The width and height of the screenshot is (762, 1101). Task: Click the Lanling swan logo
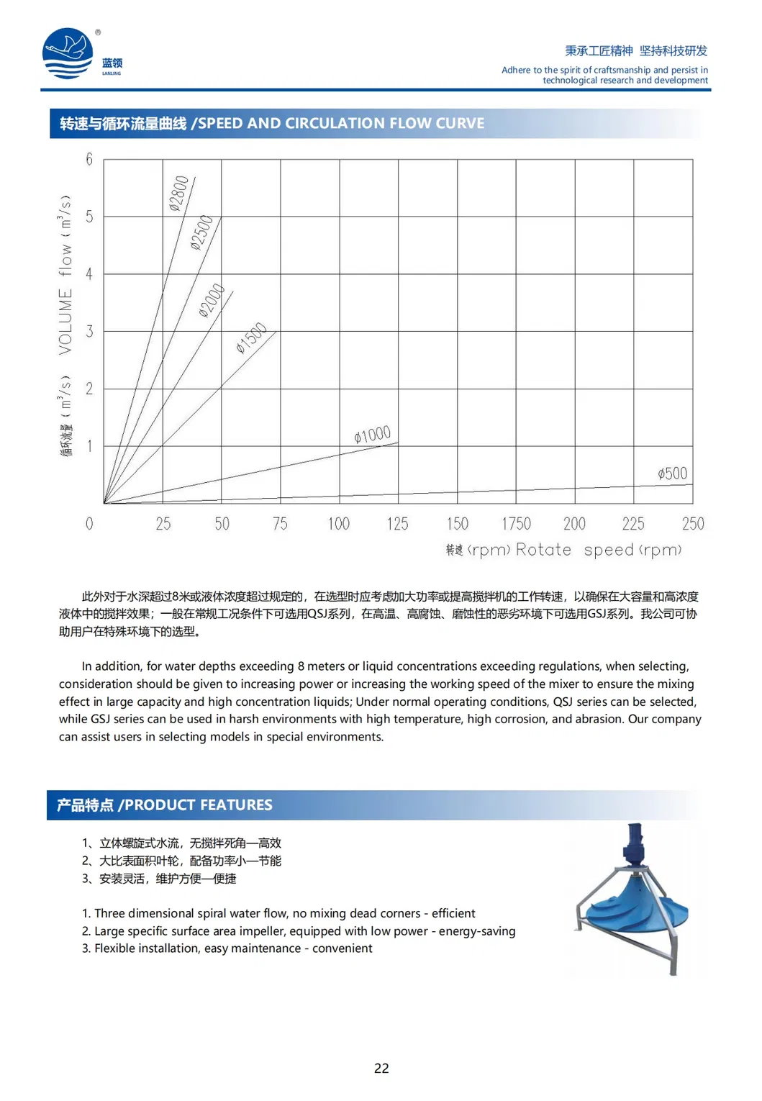(x=68, y=53)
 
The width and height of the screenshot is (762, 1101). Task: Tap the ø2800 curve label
(x=179, y=194)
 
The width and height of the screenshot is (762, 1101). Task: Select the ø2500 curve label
(x=202, y=232)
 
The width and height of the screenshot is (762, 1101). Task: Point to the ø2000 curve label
(x=212, y=301)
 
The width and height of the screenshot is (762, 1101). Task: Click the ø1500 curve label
(x=252, y=338)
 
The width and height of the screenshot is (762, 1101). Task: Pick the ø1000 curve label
(x=373, y=435)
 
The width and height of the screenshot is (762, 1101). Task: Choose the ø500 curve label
(x=673, y=474)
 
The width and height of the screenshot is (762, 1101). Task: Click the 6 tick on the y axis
(x=89, y=159)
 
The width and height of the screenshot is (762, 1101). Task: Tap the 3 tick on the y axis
(x=89, y=331)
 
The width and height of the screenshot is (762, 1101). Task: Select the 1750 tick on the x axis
(x=516, y=524)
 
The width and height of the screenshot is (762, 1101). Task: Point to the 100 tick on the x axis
(x=339, y=524)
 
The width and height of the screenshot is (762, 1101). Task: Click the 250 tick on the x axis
(x=693, y=524)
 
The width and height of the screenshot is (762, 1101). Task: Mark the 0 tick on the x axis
(x=89, y=524)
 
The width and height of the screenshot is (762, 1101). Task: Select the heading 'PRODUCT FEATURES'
(x=199, y=805)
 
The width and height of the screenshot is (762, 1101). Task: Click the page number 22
(x=381, y=1069)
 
